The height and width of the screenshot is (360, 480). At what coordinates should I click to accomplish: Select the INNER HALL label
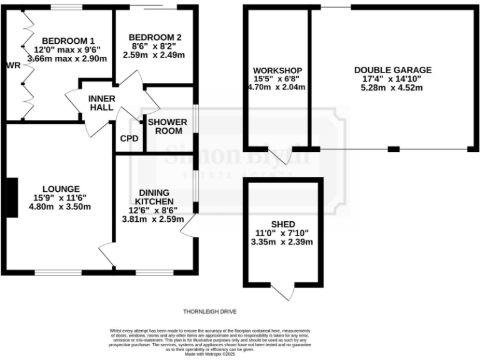101,103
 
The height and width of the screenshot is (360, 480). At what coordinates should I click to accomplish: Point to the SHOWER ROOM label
165,126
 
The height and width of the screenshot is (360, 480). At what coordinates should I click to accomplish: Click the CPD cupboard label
129,139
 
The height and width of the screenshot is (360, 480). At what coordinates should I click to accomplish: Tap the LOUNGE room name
61,188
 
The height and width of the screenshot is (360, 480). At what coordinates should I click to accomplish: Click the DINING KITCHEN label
152,197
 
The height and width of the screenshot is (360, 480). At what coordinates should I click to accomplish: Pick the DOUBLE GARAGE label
392,70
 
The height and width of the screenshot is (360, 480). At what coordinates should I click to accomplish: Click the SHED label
283,224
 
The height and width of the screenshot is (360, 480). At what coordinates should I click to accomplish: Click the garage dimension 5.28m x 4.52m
392,88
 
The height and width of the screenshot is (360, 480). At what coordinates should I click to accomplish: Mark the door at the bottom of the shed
284,291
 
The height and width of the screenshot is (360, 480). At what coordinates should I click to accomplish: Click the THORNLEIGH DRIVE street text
209,311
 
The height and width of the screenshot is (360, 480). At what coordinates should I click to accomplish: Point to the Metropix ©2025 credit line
209,354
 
